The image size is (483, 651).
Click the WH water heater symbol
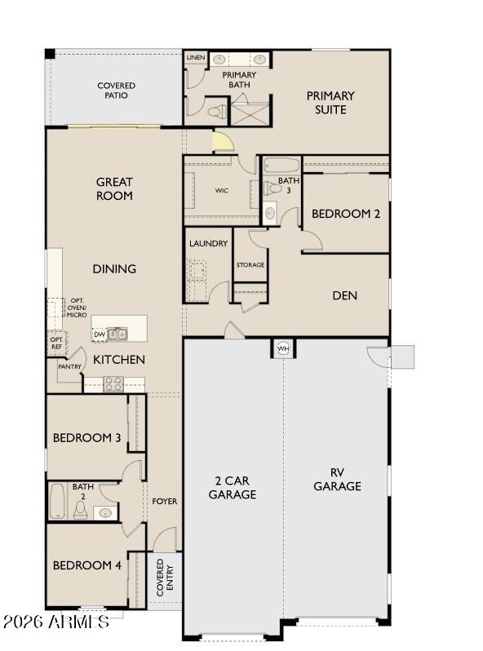point(283,348)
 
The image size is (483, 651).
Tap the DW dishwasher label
point(99,334)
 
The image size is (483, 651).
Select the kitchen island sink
point(118,334)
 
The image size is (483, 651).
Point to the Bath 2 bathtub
point(58,502)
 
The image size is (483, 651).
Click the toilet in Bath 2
point(81,510)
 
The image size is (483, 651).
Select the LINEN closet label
point(196,58)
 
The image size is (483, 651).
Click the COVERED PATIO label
point(116,91)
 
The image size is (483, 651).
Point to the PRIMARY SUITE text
point(330,103)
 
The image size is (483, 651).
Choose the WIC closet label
point(221,191)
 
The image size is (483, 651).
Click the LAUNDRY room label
point(208,244)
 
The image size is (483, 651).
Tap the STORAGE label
point(250,265)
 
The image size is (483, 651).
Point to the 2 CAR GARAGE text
point(232,487)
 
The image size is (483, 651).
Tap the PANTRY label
point(69,367)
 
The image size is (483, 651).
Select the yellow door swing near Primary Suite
point(222,143)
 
